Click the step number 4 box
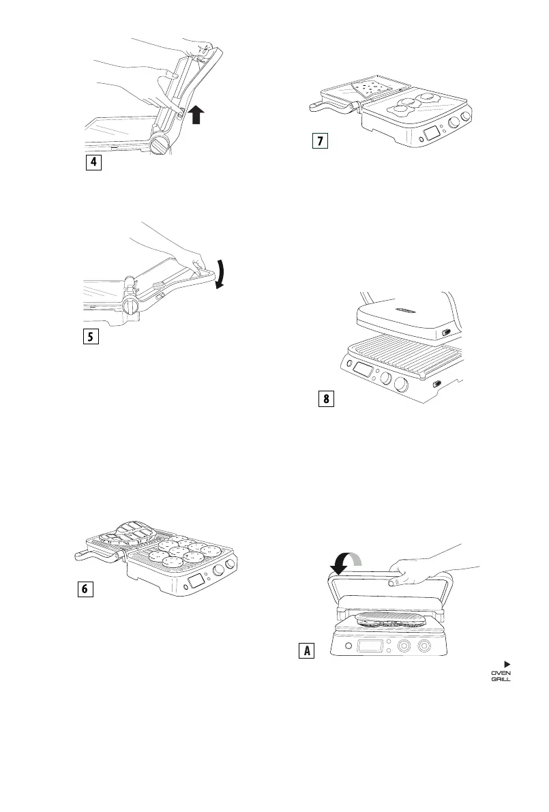[x=93, y=164]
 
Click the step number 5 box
[x=91, y=337]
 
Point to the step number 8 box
[x=327, y=400]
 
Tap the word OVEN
[x=501, y=673]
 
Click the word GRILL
[x=501, y=680]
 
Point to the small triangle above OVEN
[x=507, y=663]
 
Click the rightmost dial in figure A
[x=425, y=646]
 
